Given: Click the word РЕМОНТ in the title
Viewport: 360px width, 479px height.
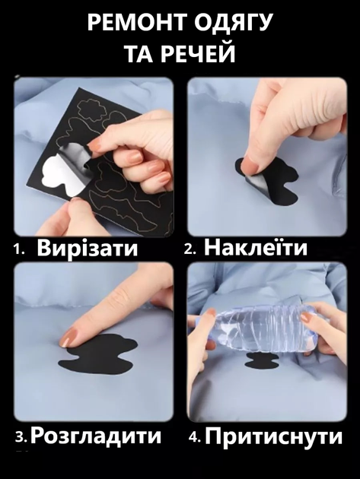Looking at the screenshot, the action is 133,22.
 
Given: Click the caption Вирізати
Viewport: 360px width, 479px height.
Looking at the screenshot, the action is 88,249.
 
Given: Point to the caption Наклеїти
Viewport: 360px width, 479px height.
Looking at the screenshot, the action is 256,247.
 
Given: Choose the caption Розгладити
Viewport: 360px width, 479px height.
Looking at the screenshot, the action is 95,436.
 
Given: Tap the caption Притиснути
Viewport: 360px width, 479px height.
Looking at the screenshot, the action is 273,436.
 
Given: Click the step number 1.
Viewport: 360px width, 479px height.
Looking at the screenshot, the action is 18,250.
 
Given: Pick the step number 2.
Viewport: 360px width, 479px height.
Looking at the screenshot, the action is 190,249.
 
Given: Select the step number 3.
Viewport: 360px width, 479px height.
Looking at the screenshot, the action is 21,437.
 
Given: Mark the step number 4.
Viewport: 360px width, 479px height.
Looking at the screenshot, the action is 195,438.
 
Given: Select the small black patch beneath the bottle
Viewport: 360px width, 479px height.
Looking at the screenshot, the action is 262,360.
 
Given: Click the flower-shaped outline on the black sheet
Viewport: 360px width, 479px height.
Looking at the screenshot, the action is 89,109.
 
